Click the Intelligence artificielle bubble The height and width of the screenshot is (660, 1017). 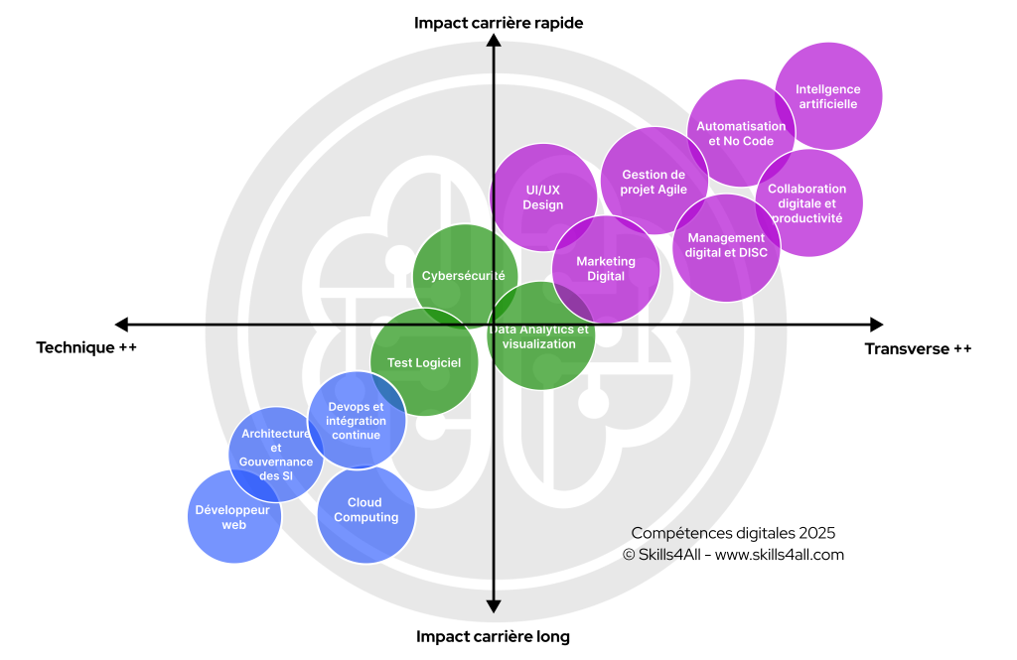click(x=828, y=96)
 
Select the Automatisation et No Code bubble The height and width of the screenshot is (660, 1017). click(x=741, y=133)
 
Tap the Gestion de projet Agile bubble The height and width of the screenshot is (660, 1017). click(x=654, y=182)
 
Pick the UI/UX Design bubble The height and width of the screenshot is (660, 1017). click(x=543, y=197)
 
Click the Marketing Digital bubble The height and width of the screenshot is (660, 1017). click(x=606, y=269)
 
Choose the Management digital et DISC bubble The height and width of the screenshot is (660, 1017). click(x=726, y=246)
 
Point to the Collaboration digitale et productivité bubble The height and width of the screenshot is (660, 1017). click(x=808, y=202)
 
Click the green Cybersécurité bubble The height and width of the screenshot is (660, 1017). click(x=464, y=276)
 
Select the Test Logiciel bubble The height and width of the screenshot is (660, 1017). click(x=424, y=363)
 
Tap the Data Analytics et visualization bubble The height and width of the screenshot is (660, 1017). click(x=541, y=336)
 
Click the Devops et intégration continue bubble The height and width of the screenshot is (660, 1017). click(x=357, y=421)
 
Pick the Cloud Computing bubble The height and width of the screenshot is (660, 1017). click(x=365, y=511)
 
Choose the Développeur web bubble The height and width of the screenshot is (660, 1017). click(x=234, y=517)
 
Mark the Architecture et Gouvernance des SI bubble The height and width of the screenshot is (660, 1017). click(x=275, y=455)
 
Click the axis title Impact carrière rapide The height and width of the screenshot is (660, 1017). click(x=499, y=22)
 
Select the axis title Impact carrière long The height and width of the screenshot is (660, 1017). click(x=493, y=636)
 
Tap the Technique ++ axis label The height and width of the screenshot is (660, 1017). click(x=86, y=347)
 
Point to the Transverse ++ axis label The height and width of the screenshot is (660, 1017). click(x=919, y=348)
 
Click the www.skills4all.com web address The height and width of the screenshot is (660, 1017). click(x=780, y=555)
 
